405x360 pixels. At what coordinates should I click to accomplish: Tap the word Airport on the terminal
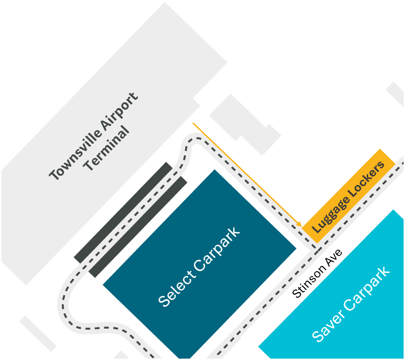coord(120,111)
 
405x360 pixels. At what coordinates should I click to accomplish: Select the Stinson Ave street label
coord(317,274)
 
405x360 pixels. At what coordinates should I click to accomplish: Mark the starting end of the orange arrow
coord(193,124)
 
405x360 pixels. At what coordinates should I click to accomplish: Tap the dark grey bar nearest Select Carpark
coord(138,227)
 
